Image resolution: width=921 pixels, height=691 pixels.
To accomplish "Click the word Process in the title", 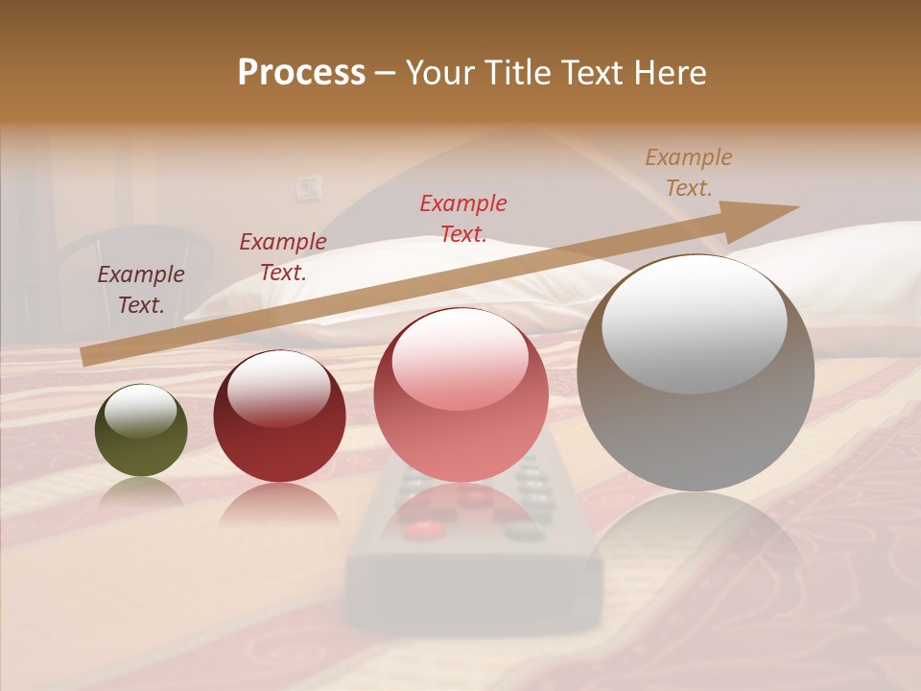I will [x=301, y=72].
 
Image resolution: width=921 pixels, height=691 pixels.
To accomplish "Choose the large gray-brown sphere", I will [x=696, y=373].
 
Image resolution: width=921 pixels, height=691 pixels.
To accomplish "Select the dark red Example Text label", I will [x=283, y=257].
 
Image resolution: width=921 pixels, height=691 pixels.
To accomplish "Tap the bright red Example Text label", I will [x=463, y=218].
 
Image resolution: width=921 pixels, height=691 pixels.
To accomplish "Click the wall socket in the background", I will [x=308, y=186].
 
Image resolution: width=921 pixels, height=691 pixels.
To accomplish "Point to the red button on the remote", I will [x=422, y=528].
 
